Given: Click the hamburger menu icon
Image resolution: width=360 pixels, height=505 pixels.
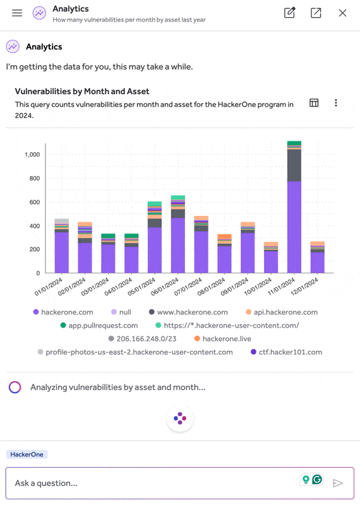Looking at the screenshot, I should pos(17,13).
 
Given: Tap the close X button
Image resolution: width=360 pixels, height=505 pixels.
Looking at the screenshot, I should pos(342,13).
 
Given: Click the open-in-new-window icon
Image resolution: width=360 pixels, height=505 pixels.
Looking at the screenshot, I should pos(316,13).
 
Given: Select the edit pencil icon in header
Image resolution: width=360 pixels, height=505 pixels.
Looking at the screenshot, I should pos(289,13).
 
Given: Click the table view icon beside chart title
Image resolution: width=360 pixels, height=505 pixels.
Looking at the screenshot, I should pos(314,103).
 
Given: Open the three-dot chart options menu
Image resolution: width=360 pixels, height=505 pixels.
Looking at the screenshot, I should pos(336,103).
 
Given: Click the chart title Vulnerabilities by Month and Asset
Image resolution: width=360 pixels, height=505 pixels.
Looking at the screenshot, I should pos(82,92).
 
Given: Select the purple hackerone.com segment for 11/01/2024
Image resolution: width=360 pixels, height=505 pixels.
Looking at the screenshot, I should pos(294,227).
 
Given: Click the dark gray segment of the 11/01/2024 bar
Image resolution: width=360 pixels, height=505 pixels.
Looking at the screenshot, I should pos(294,165).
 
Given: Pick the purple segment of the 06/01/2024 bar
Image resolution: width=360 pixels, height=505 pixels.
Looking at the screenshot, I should pos(178,246).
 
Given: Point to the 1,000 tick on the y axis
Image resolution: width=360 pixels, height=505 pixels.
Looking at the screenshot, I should pos(32,155).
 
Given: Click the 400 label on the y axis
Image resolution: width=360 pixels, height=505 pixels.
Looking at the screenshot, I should pos(35,226).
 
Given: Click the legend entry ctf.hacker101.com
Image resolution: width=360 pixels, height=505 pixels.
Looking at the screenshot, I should pos(286,352).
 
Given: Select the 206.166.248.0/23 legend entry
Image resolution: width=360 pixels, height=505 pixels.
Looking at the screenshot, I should pos(145,338).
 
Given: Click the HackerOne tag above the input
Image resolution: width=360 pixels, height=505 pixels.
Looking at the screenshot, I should pos(27,454).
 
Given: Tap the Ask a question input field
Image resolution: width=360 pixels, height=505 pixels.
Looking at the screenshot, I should pos(152,483).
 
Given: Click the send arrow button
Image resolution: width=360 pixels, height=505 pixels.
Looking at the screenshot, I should pos(338,483).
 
